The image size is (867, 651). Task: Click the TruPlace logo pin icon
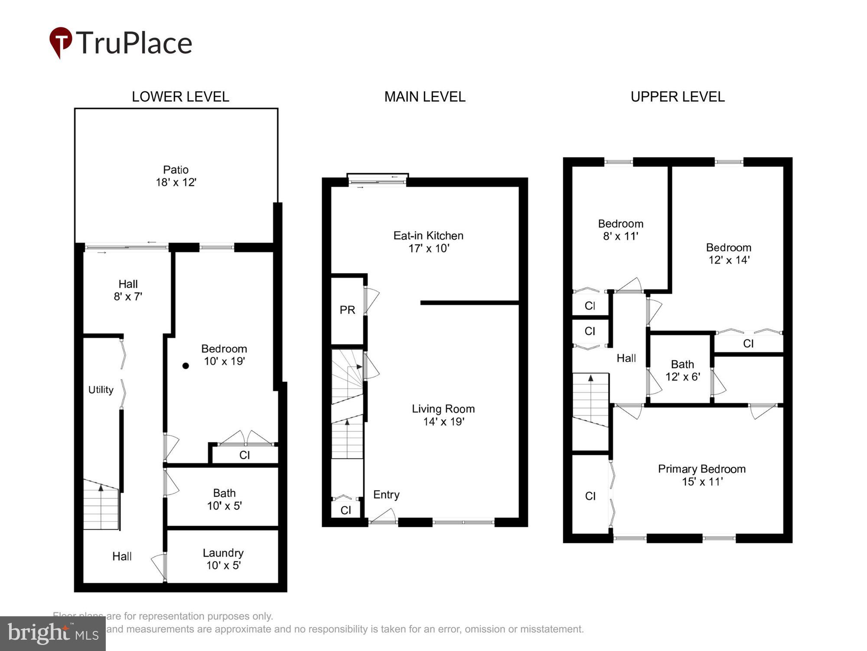61,42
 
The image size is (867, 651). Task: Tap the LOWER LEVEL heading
180,96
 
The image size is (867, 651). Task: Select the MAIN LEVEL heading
425,96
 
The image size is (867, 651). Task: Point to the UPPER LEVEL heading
678,96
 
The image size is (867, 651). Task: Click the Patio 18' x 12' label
176,176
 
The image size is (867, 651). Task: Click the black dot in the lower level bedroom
186,366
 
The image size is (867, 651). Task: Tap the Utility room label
101,390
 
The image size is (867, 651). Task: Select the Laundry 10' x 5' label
223,559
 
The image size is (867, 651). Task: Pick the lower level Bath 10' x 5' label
224,499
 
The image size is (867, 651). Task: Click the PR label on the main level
347,310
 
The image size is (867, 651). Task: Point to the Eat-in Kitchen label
428,242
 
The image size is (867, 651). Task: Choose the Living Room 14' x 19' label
443,415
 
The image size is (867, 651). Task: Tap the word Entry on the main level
386,495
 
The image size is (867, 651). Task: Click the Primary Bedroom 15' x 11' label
701,475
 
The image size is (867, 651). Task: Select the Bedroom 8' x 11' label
620,230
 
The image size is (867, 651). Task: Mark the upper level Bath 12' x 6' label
682,370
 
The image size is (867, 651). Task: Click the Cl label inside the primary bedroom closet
590,496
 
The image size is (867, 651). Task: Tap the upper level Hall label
626,358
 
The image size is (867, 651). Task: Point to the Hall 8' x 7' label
128,290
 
